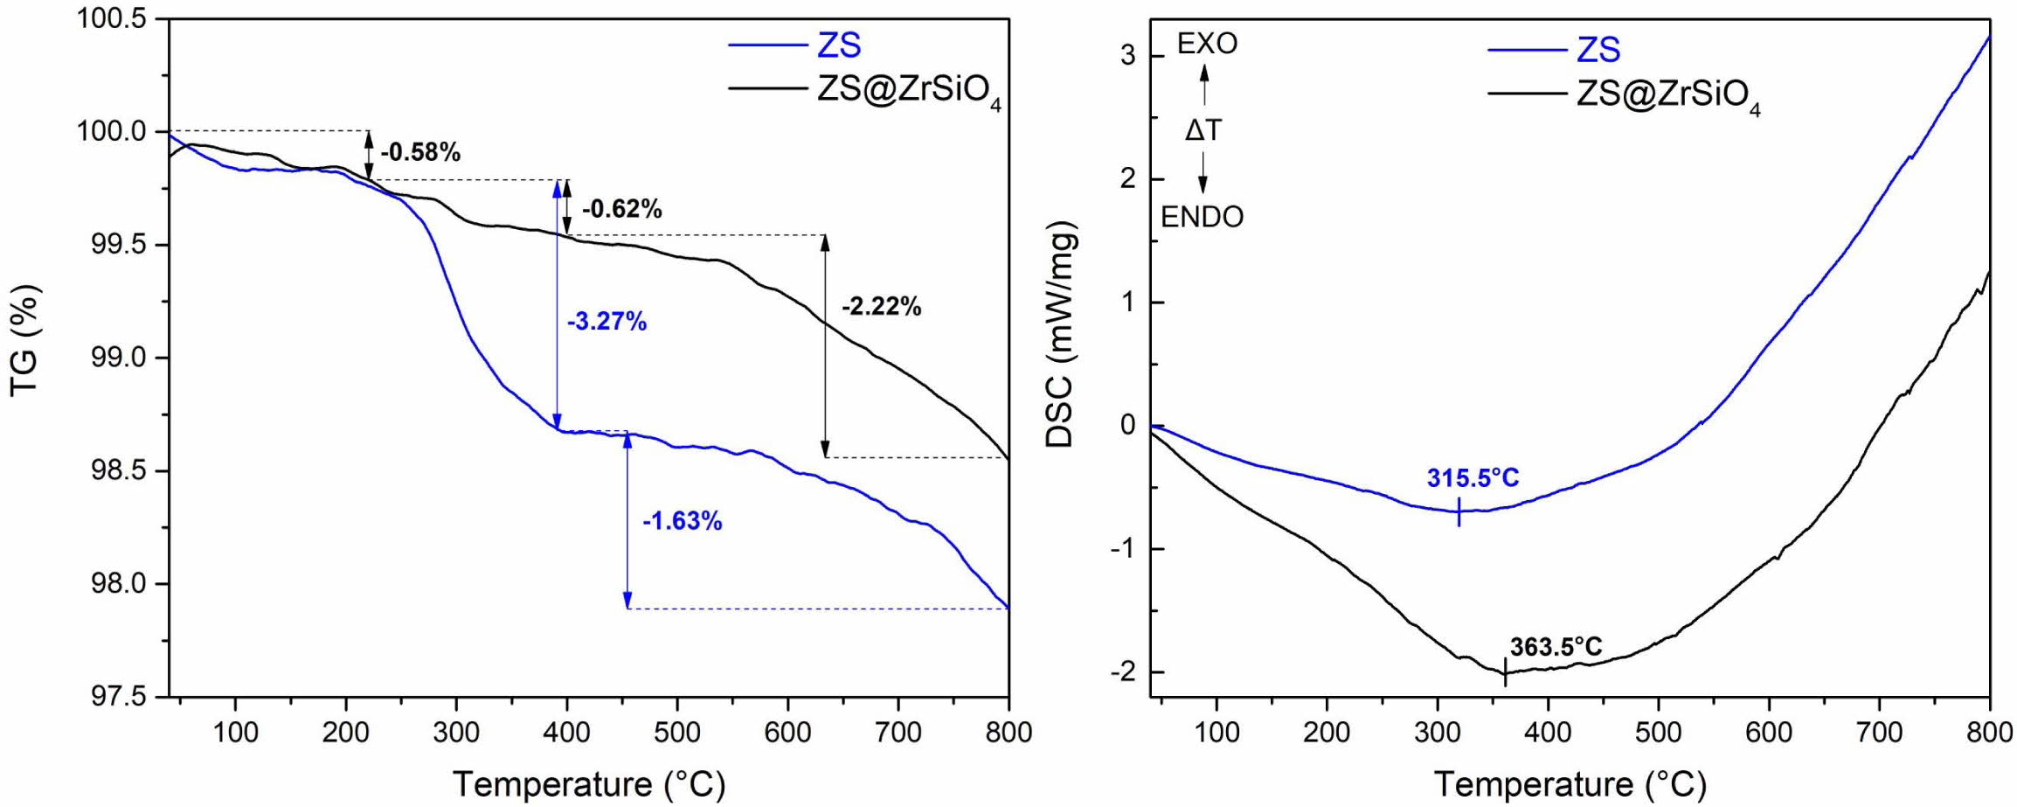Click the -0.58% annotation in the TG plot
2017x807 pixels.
coord(420,152)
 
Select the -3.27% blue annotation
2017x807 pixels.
coord(606,322)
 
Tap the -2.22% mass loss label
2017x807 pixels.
coord(881,307)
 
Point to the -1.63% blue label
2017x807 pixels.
coord(683,522)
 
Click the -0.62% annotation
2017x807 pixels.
coord(621,209)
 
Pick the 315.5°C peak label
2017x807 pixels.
coord(1473,478)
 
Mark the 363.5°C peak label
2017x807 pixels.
coord(1556,647)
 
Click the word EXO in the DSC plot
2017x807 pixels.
coord(1207,44)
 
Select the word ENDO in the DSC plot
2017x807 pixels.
coord(1202,217)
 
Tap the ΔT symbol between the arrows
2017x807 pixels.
coord(1203,131)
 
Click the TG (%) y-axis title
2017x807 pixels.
coord(26,341)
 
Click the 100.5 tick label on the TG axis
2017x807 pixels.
coord(113,19)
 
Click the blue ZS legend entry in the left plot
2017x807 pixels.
coord(839,45)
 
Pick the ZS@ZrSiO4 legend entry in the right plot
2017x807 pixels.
coord(1667,95)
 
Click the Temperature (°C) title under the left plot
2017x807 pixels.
coord(589,783)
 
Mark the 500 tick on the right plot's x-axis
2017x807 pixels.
coord(1658,732)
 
